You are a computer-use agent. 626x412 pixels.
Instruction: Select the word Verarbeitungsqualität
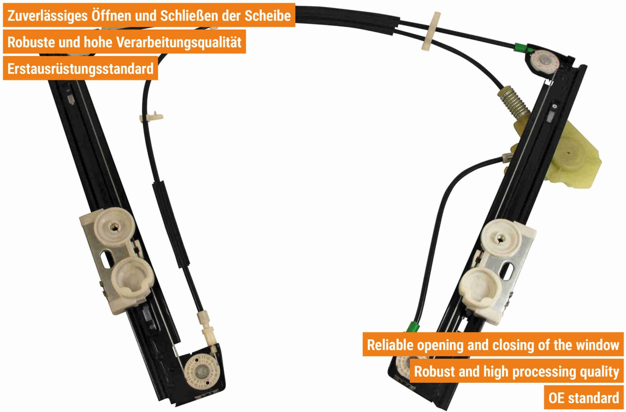coord(179,42)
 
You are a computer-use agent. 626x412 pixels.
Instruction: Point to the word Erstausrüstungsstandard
coord(81,69)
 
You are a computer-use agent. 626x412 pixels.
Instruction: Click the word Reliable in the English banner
coord(390,345)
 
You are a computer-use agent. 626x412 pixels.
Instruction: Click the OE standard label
coord(583,398)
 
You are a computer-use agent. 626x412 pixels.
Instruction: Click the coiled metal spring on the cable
coord(514,102)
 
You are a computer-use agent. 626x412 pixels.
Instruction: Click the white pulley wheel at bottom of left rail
coord(202,372)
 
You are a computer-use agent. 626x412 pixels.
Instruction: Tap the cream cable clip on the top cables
coord(430,31)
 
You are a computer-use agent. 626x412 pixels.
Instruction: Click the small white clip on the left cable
coord(151,117)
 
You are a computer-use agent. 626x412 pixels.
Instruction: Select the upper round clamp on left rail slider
coord(114,227)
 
